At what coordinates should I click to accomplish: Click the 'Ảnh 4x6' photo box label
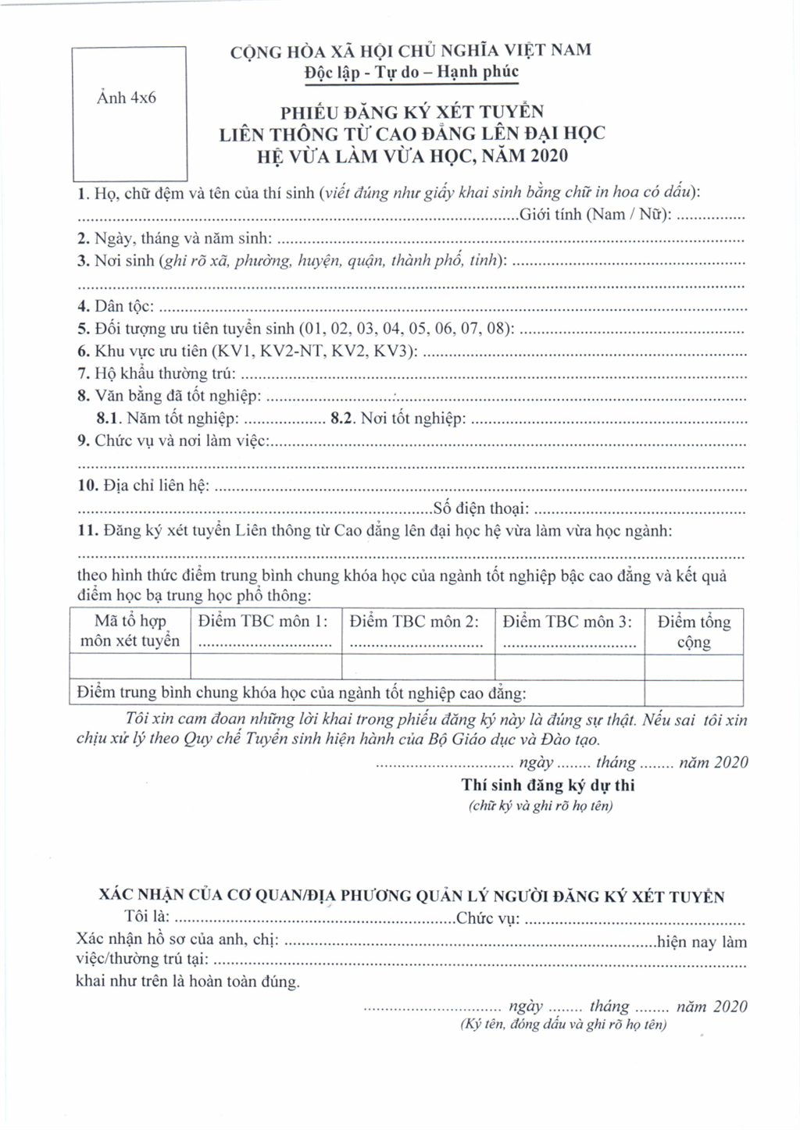point(127,98)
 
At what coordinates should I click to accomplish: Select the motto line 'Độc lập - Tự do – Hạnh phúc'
point(411,73)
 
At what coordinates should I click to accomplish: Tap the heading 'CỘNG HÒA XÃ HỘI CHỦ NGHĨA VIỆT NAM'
point(410,51)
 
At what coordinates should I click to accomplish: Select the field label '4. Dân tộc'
point(116,306)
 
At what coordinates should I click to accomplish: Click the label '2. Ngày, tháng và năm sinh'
point(174,238)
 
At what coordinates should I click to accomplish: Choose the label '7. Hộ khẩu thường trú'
point(155,374)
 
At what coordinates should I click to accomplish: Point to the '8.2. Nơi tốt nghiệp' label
point(398,419)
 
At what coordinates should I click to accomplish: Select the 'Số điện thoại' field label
point(481,509)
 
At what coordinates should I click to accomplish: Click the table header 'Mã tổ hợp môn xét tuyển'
point(130,631)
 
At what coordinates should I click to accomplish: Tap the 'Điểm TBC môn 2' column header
point(414,622)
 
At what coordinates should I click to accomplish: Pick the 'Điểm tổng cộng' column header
point(694,632)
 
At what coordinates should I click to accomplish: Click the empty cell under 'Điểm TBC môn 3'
point(570,667)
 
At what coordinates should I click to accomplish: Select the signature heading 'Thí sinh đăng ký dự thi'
point(548,786)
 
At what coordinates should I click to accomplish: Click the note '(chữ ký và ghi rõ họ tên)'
point(541,806)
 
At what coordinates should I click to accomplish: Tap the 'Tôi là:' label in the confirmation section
point(147,917)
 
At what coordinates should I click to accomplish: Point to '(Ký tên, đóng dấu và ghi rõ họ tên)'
point(563,1025)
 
